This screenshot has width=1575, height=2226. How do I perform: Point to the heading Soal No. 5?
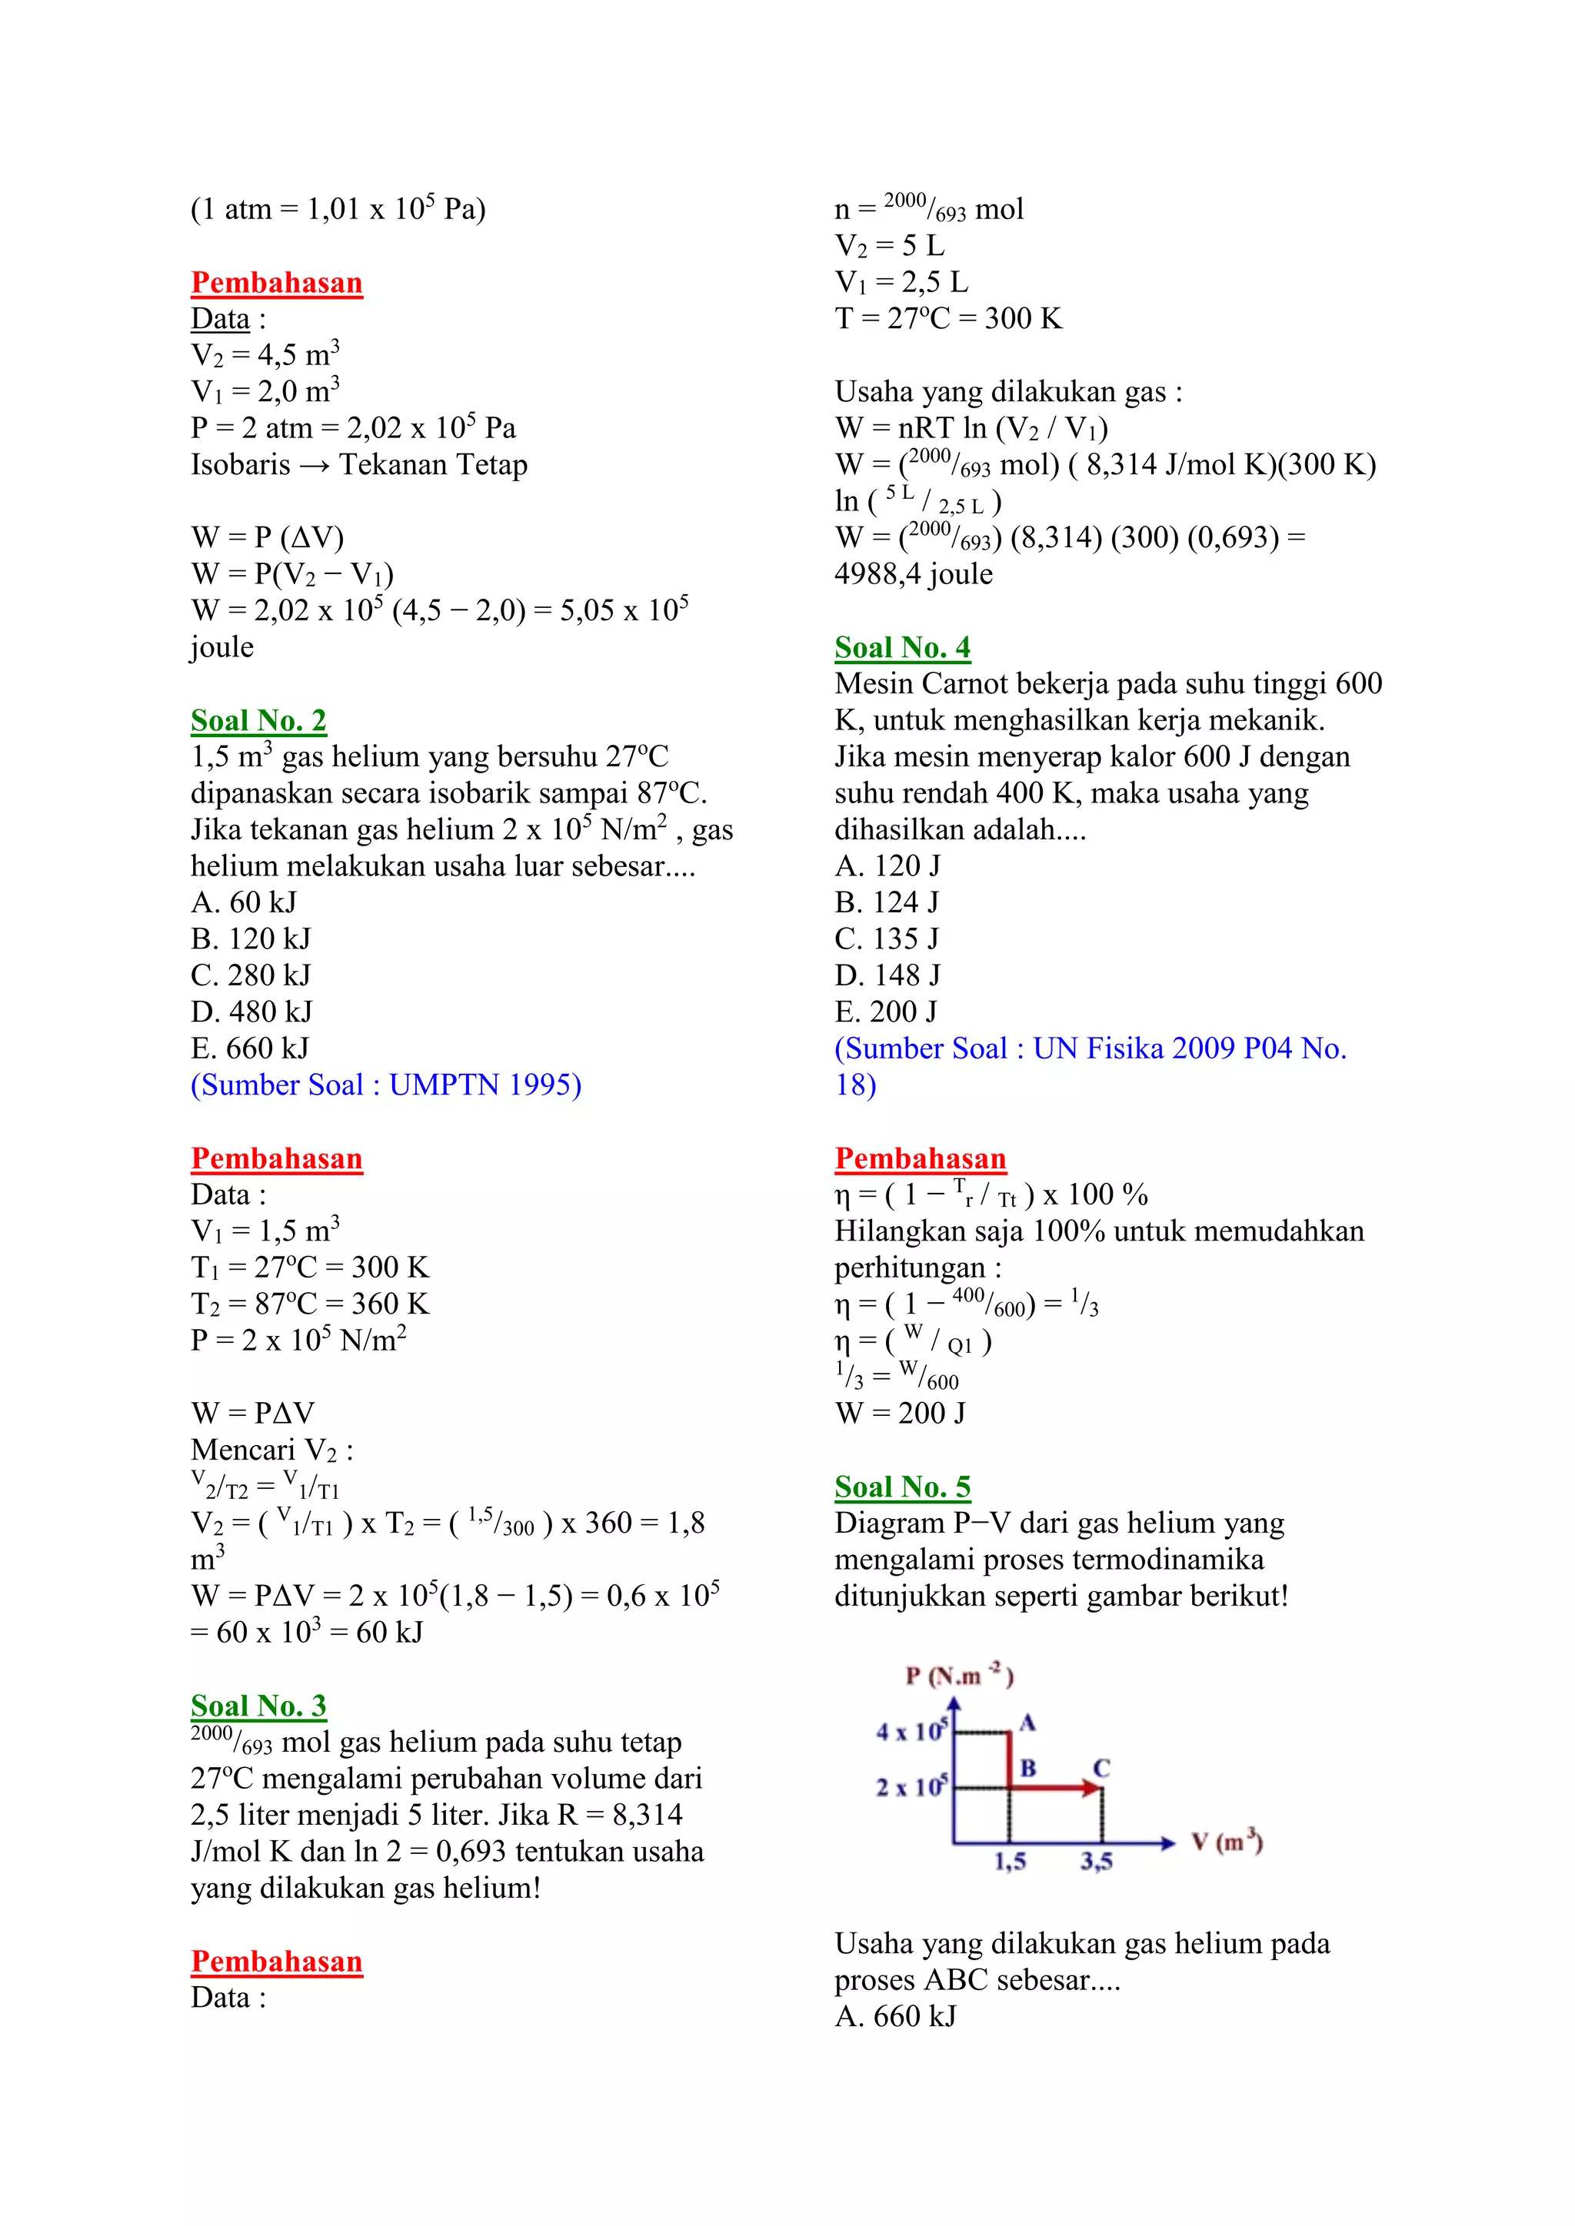pos(902,1487)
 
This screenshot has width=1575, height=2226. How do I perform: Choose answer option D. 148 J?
pos(887,975)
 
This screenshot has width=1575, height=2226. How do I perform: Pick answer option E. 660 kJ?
pos(249,1048)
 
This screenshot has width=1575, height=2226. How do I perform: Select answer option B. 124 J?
pos(887,902)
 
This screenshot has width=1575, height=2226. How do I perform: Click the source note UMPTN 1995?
pos(386,1085)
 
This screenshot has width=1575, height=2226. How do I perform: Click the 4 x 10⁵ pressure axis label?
pos(911,1730)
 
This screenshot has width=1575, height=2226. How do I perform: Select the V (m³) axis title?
pos(1227,1841)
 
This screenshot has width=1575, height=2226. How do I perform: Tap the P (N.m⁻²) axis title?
pos(959,1676)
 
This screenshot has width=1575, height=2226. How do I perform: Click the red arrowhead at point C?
pos(1094,1787)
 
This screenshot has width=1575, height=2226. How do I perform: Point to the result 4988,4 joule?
pos(914,574)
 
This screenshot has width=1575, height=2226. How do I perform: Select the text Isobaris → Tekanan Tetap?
pos(359,464)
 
